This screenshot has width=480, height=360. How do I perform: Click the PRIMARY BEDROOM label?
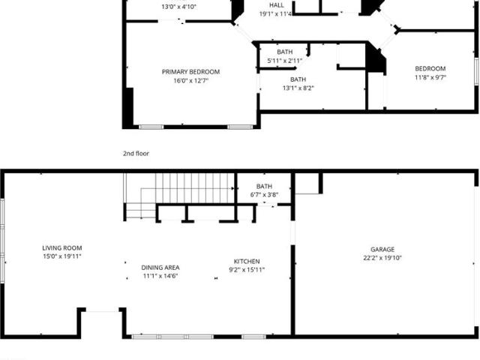[x=190, y=72]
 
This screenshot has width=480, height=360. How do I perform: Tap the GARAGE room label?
[x=382, y=250]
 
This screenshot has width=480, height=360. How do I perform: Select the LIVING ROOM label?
[x=62, y=248]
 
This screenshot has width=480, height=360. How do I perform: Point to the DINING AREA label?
[x=160, y=268]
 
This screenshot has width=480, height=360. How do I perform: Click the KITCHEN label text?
[x=247, y=262]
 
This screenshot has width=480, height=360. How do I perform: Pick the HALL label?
[x=277, y=5]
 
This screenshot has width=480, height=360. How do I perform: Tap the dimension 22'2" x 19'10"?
[x=382, y=258]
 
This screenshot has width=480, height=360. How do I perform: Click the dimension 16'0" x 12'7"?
[x=190, y=81]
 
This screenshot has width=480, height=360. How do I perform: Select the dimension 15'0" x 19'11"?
[x=62, y=256]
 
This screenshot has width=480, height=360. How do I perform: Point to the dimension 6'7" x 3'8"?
[x=264, y=195]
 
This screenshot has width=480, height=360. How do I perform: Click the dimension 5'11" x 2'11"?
[x=285, y=61]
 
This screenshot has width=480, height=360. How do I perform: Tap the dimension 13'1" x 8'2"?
[x=298, y=88]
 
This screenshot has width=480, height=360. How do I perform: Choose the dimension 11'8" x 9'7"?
[x=430, y=77]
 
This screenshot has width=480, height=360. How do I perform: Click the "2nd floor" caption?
[x=136, y=153]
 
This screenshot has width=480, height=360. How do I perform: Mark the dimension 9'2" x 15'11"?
[x=247, y=270]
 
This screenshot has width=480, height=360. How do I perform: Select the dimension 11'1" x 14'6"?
[x=160, y=276]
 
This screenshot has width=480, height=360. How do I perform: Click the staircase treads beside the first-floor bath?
[x=195, y=188]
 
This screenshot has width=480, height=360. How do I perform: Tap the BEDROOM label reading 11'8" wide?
[x=430, y=68]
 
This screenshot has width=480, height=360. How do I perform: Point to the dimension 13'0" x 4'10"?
[x=178, y=7]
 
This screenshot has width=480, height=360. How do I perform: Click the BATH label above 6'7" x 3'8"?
[x=264, y=186]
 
